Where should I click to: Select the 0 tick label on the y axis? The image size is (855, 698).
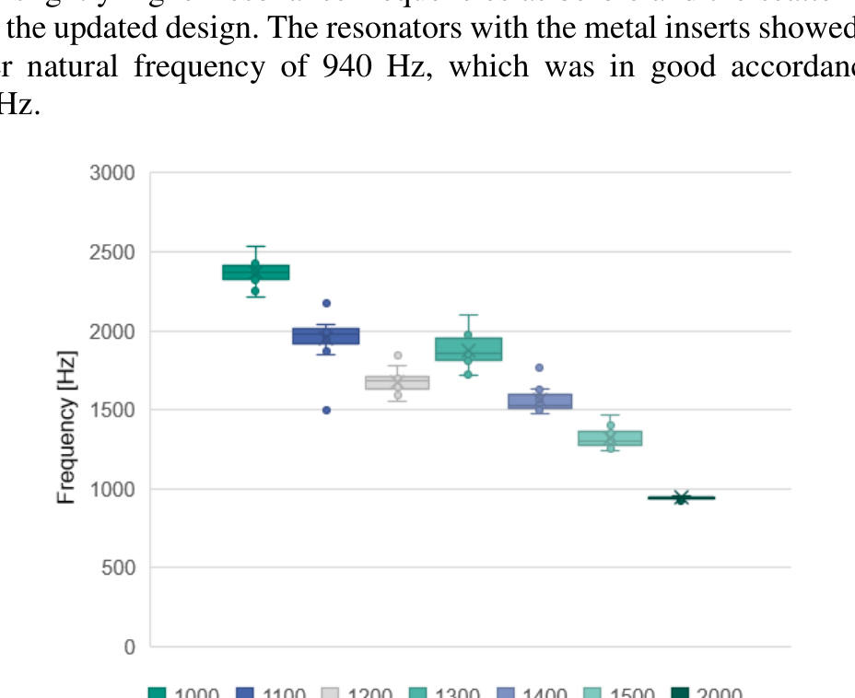pos(130,647)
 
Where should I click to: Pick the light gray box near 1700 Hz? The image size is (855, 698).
pos(397,382)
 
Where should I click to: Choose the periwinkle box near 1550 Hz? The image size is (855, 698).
pos(540,401)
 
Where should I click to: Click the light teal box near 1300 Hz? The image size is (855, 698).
pos(610,438)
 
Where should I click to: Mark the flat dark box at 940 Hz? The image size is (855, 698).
pos(681,498)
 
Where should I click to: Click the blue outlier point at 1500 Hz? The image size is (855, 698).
pos(326,410)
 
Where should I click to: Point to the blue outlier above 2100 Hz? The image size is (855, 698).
pos(326,303)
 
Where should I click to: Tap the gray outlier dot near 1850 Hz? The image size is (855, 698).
pos(398,355)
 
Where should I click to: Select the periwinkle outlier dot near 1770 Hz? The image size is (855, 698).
pos(540,367)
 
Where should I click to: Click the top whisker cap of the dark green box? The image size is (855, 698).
pos(255,247)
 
